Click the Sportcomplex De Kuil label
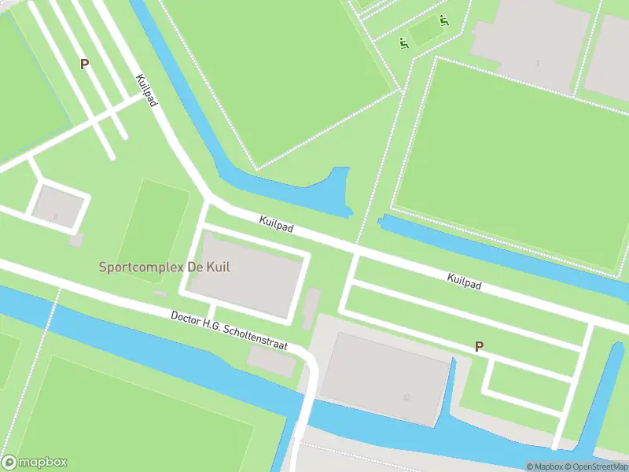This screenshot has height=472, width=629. click(x=164, y=267)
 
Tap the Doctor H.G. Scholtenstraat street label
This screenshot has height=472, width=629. click(x=230, y=330)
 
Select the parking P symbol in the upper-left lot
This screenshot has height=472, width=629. click(x=84, y=64)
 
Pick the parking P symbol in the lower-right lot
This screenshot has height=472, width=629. click(x=479, y=346)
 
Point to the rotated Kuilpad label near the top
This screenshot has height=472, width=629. click(x=146, y=90)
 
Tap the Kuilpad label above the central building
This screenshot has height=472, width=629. click(x=276, y=226)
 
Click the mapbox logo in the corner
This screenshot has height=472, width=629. click(x=35, y=463)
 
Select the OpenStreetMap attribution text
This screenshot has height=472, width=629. click(x=597, y=466)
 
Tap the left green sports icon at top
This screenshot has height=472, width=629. click(x=404, y=42)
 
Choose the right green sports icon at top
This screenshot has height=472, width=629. click(x=444, y=21)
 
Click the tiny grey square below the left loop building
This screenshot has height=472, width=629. click(x=75, y=239)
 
